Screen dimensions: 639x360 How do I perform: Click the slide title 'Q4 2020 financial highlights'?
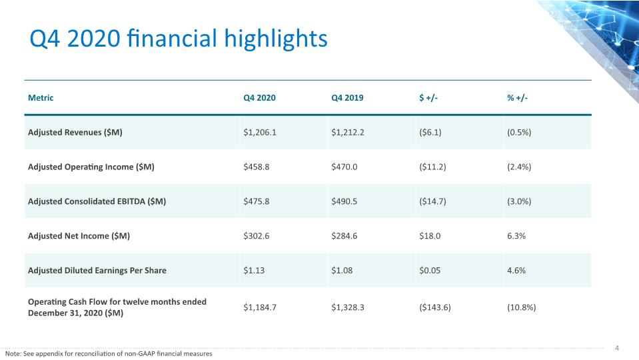[179, 39]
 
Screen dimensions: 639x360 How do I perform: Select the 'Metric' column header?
[41, 98]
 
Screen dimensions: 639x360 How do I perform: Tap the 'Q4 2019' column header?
[347, 98]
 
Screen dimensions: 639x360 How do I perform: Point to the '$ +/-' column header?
[428, 98]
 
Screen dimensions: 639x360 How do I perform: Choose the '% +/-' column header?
[517, 98]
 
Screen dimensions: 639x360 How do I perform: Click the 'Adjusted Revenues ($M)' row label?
[75, 133]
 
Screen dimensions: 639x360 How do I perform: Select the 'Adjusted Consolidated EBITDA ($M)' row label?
[97, 201]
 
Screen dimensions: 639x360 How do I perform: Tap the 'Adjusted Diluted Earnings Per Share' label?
[97, 270]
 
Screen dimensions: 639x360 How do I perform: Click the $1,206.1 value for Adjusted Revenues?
[260, 133]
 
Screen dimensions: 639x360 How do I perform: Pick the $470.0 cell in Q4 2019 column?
[344, 167]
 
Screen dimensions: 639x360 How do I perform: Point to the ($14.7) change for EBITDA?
[432, 201]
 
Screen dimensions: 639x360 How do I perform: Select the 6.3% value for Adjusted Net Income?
[516, 236]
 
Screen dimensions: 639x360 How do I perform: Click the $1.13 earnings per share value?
[254, 270]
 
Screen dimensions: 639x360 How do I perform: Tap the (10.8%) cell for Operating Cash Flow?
[521, 307]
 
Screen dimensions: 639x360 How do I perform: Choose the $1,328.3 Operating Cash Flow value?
[348, 307]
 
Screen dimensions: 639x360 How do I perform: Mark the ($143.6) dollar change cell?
[435, 307]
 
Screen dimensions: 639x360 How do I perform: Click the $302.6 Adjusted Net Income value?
[257, 236]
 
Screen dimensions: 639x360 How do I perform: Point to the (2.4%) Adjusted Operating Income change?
[519, 167]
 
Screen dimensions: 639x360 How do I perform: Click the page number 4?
[617, 348]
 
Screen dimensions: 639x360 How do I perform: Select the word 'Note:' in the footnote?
[13, 354]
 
